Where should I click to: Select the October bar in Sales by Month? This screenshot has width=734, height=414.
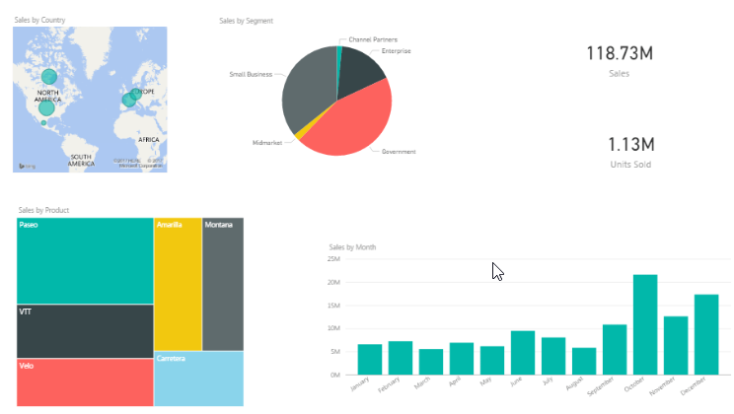click(x=644, y=325)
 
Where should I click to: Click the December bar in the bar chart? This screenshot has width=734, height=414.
click(x=705, y=335)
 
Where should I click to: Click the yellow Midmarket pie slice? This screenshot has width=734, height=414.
click(x=295, y=129)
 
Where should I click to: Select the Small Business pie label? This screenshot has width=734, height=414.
click(x=251, y=74)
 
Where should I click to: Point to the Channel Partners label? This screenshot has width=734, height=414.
click(x=373, y=39)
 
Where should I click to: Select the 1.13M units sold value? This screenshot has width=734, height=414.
click(x=619, y=145)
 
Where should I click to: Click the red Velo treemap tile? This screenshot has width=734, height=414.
click(x=84, y=382)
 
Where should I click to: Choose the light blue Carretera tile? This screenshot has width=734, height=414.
click(x=197, y=379)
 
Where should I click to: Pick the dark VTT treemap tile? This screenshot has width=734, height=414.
click(x=84, y=331)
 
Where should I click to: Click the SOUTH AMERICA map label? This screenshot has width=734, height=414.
click(x=80, y=160)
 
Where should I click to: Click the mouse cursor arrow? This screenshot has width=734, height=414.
click(x=498, y=271)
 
